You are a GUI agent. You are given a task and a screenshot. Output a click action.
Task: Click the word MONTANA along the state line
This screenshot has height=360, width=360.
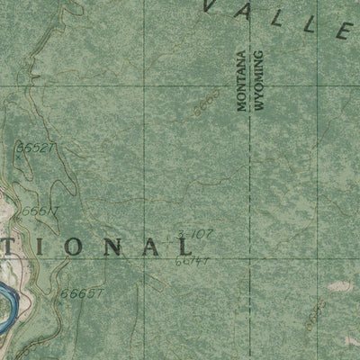241,81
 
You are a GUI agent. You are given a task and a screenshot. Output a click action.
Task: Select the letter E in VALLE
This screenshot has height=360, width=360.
343,32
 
